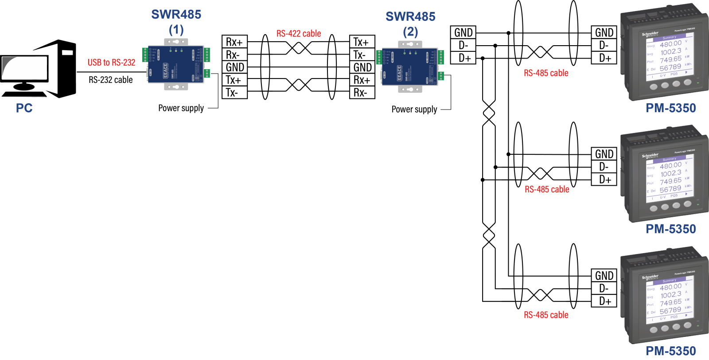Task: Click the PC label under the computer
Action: tap(24, 108)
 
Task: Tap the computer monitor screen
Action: tap(25, 69)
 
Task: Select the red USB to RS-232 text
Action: tap(111, 63)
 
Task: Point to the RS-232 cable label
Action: tap(111, 80)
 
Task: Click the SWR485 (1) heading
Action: tap(176, 21)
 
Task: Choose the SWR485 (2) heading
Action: tap(410, 23)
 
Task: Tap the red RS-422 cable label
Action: tap(299, 34)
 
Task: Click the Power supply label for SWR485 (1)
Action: tap(181, 108)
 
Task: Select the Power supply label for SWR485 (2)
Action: tap(414, 110)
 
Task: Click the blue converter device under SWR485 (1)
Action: tap(176, 64)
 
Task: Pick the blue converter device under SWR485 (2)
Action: tap(410, 67)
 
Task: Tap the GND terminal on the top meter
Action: tap(604, 33)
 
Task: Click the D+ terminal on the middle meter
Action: tap(604, 180)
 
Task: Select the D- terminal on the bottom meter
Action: tap(604, 288)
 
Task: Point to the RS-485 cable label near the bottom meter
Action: tap(546, 315)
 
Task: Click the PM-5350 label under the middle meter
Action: tap(670, 229)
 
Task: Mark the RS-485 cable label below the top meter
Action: tap(546, 73)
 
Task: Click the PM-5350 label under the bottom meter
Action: tap(670, 351)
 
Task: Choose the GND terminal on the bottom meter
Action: tap(604, 275)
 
